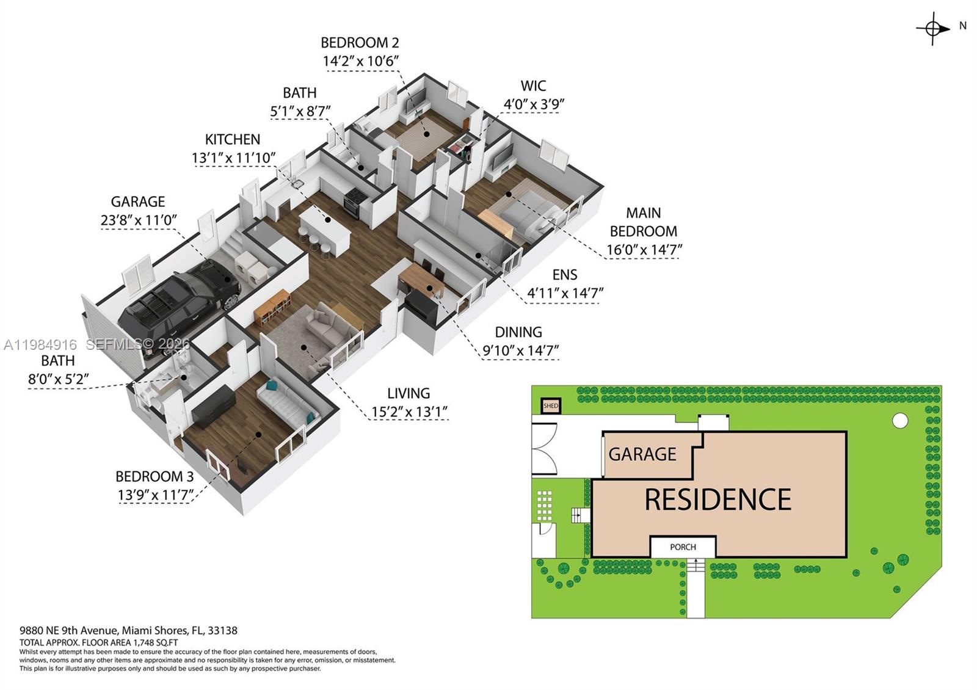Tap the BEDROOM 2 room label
tap(360, 43)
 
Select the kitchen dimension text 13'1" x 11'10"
tap(233, 158)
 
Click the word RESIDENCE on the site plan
tap(717, 499)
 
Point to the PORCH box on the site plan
tap(683, 547)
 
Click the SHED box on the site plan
tap(551, 406)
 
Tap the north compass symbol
tap(932, 28)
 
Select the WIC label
tap(533, 86)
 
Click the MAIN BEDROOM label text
tap(644, 222)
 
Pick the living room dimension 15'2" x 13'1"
tap(409, 412)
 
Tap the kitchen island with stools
tap(324, 229)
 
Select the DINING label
tap(518, 332)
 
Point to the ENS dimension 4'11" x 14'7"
tap(565, 293)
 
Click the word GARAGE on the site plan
tap(642, 454)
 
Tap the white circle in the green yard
tap(899, 420)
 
